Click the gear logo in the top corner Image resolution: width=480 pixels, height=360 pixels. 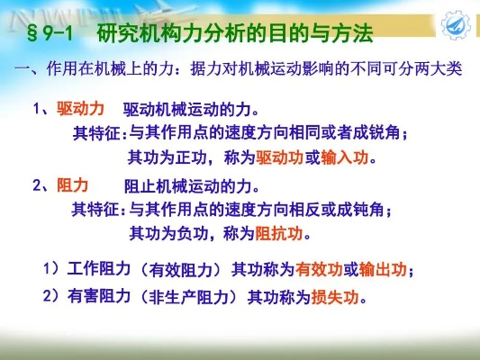[456, 25]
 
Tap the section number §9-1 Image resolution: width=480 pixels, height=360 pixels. [50, 33]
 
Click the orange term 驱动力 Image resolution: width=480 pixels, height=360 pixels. [80, 109]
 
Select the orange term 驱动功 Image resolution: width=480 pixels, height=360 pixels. [280, 157]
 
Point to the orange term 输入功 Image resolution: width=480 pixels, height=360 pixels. [345, 157]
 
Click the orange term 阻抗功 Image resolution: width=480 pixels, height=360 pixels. [278, 234]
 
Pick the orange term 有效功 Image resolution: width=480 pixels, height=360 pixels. [319, 269]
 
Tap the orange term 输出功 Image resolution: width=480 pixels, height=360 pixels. [383, 269]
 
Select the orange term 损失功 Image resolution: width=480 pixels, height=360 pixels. [335, 296]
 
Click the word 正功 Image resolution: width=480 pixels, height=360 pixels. [190, 157]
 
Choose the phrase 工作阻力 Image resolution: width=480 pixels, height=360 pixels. [99, 269]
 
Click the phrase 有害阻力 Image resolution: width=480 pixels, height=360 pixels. [99, 296]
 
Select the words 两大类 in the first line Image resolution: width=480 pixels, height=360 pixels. [438, 68]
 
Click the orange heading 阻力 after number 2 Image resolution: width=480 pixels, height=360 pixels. [73, 185]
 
